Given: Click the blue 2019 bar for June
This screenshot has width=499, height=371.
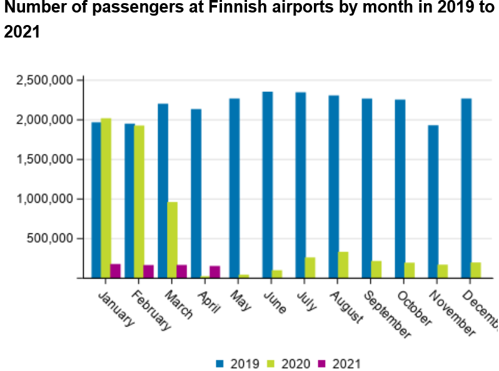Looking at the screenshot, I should tap(267, 185).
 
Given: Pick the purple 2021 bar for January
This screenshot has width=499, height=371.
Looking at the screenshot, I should tap(115, 271).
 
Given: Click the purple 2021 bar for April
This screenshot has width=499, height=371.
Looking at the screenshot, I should tap(214, 272).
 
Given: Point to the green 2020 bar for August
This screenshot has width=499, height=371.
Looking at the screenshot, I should tap(343, 265).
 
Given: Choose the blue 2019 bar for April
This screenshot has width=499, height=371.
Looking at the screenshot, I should tap(196, 193).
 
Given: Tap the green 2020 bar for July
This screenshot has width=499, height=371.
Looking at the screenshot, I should tap(310, 268).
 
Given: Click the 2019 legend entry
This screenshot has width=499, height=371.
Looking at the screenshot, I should tap(234, 363).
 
